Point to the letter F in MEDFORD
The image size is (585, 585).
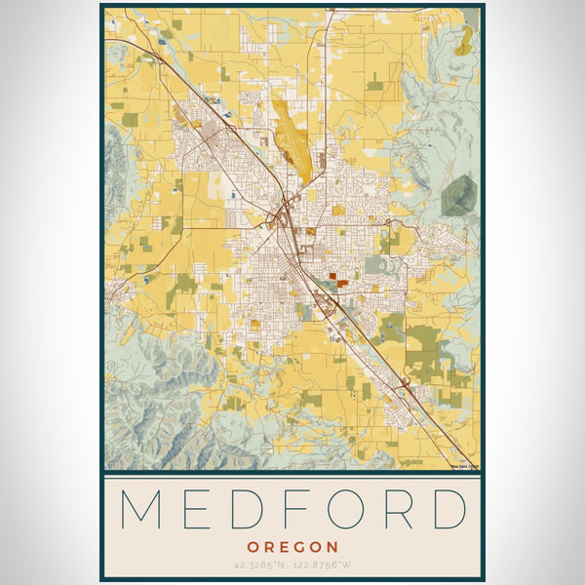pyautogui.click(x=295, y=509)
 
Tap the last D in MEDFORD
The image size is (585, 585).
pyautogui.click(x=448, y=509)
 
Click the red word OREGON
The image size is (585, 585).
pyautogui.click(x=292, y=548)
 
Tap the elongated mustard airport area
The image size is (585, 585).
pyautogui.click(x=292, y=141)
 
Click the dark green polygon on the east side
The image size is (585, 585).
pyautogui.click(x=458, y=196)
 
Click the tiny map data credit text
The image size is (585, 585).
pyautogui.click(x=462, y=466)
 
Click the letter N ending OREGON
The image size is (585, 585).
pyautogui.click(x=333, y=548)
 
